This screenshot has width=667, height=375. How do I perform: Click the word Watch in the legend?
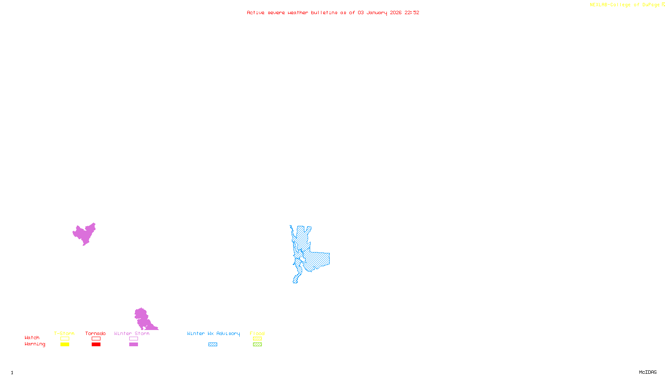(32, 337)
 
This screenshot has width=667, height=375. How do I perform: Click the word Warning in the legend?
(35, 344)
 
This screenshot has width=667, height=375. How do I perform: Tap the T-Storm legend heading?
(64, 333)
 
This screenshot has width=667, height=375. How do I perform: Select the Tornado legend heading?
(95, 333)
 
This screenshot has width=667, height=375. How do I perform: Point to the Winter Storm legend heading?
(132, 333)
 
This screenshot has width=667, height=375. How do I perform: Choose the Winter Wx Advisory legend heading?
(213, 333)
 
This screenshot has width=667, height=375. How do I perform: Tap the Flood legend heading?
(257, 333)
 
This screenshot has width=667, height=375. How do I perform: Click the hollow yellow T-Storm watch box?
(65, 339)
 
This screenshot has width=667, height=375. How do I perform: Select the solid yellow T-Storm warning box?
(65, 345)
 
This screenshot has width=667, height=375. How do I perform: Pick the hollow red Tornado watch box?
(96, 339)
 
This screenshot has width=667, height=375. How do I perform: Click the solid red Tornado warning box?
(96, 345)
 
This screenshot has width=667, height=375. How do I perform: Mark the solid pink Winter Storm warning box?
(133, 345)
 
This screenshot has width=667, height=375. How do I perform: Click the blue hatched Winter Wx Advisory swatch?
(213, 345)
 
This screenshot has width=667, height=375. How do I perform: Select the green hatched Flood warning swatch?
(257, 345)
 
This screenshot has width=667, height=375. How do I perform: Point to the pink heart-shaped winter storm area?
(85, 233)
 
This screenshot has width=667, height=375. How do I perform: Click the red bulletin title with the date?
(333, 12)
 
